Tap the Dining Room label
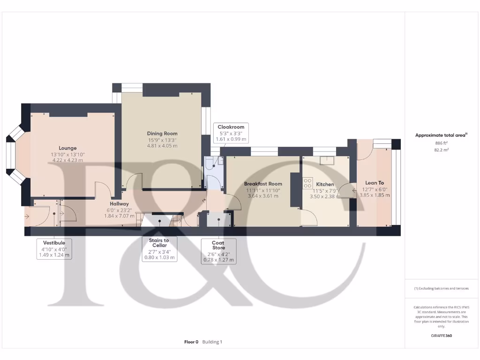162,134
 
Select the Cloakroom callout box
231,133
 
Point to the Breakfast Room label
263,184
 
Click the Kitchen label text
325,184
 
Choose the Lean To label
375,183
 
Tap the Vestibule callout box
54,249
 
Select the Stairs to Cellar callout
159,249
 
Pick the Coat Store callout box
218,251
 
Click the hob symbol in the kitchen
307,181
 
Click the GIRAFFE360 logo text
441,336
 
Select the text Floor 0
191,342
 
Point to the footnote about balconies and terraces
441,288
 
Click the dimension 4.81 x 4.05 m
162,145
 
